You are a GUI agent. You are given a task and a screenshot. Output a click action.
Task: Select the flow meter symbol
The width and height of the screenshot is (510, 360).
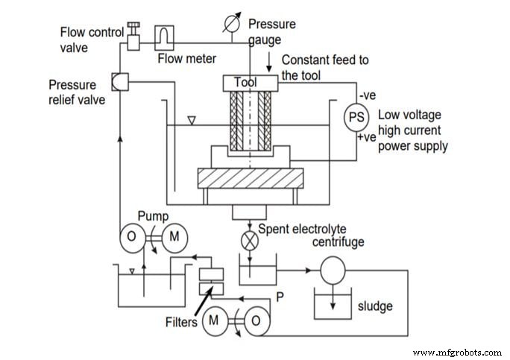point(163,37)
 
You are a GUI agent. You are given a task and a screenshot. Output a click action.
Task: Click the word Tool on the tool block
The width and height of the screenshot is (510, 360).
point(245,83)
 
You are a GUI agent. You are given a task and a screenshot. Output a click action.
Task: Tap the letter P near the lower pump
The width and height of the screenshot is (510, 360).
point(280,295)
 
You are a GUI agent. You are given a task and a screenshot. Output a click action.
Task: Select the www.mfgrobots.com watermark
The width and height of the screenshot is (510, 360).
point(456,351)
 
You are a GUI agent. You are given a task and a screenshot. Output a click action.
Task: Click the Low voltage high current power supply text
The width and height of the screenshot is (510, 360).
point(412,130)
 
